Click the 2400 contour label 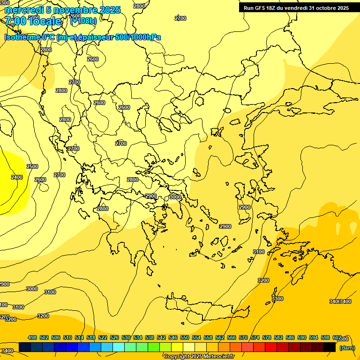pos(16,177)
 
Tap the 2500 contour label pos(32,166)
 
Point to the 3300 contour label pos(277,299)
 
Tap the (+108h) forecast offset pos(83,21)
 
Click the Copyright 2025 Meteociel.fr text pos(199,357)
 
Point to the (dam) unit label pos(346,348)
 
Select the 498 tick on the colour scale pos(32,337)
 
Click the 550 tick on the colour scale pos(185,337)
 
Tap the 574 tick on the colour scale pos(255,337)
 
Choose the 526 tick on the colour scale pos(114,337)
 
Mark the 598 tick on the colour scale pos(325,337)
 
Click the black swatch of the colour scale pos(329,347)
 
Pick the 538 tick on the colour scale pos(150,337)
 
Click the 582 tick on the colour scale pos(278,337)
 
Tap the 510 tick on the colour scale pos(67,337)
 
